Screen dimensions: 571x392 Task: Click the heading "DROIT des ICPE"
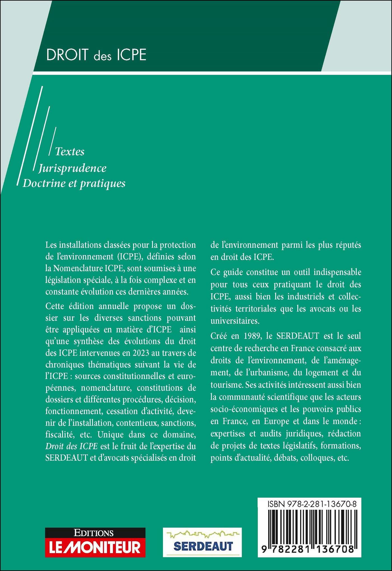point(96,55)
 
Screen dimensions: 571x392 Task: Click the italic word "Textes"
point(70,151)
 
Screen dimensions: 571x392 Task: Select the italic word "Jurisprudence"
point(73,168)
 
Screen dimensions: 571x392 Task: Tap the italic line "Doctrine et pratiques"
point(74,183)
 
